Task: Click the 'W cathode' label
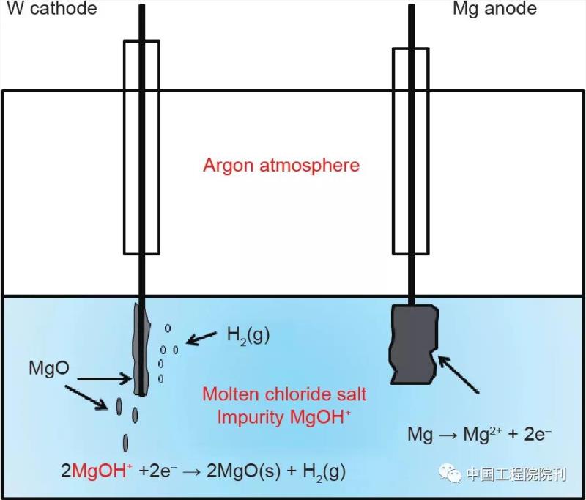point(51,9)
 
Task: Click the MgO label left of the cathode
point(49,369)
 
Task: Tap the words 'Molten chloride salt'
point(284,394)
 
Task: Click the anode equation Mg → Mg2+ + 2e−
point(479,434)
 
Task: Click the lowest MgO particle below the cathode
point(125,444)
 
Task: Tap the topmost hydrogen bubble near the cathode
point(168,328)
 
